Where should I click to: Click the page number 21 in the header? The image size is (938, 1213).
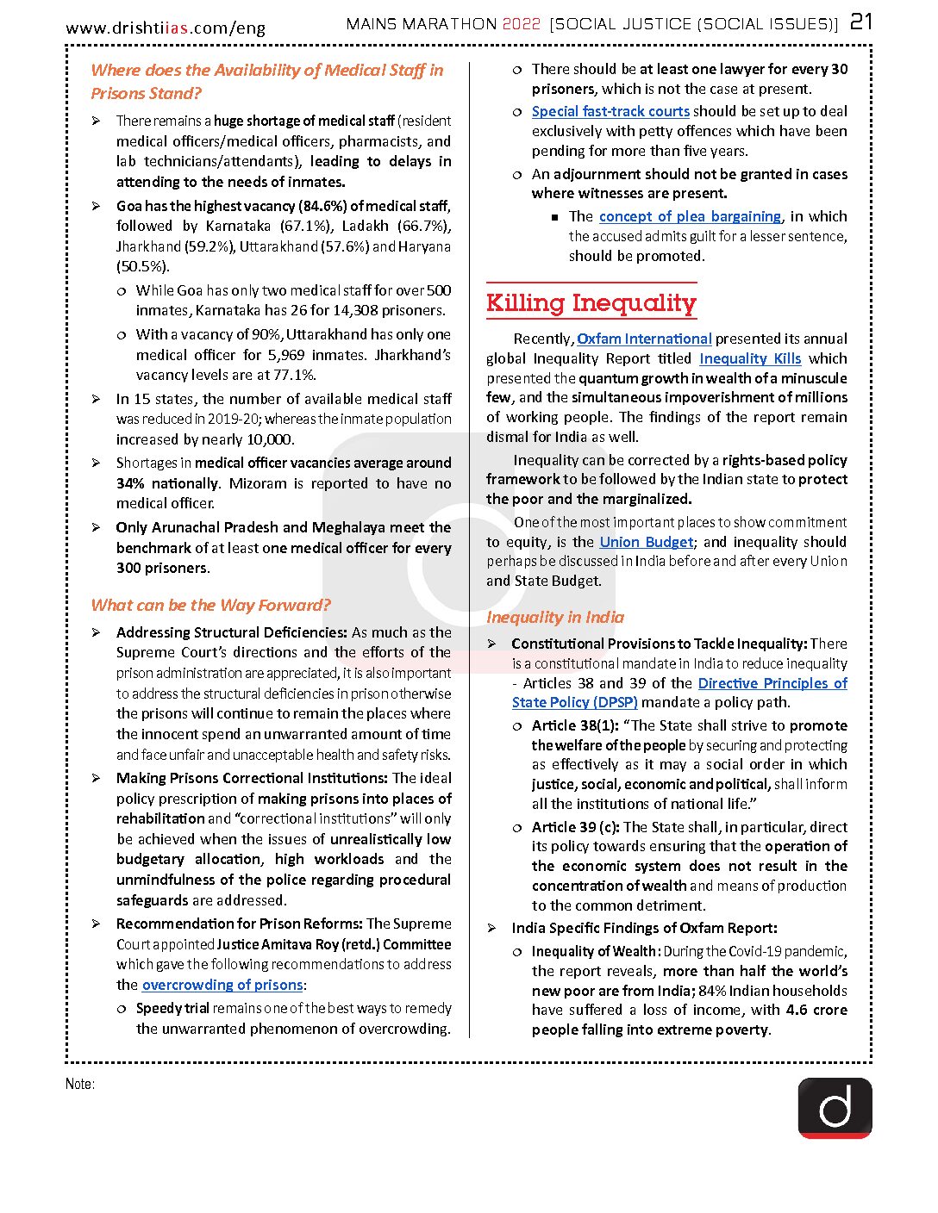point(861,22)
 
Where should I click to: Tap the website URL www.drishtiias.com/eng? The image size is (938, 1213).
point(166,28)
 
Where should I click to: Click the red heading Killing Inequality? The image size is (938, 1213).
point(591,303)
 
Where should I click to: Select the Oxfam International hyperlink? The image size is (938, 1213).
point(644,339)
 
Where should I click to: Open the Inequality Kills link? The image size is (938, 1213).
point(750,358)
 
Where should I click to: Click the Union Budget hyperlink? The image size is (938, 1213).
point(646,542)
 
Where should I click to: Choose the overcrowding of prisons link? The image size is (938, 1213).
point(222,985)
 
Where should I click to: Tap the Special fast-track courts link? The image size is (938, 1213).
point(610,111)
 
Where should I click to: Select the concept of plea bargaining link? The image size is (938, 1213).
point(690,216)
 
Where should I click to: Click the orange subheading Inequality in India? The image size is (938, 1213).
point(555,617)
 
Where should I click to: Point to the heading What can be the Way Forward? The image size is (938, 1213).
point(210,605)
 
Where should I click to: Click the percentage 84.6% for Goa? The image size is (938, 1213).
point(322,206)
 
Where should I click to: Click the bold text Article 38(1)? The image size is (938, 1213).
point(575,725)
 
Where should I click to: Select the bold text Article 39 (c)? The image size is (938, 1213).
point(575,827)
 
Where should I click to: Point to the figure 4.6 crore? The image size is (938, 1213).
point(816,1010)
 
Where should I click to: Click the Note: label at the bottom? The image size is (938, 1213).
point(80,1084)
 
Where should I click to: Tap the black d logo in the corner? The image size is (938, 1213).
point(835,1108)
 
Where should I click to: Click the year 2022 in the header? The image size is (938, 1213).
point(521,24)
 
